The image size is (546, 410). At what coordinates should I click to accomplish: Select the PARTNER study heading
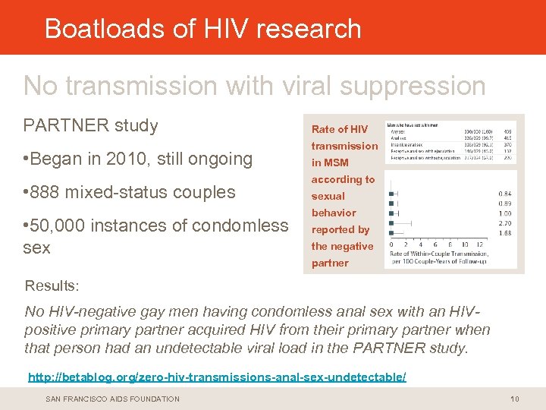tap(91, 125)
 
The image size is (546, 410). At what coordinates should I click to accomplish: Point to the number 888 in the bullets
tap(49, 192)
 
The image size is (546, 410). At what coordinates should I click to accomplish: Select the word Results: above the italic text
tap(52, 286)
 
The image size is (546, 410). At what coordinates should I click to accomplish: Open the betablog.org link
tap(217, 377)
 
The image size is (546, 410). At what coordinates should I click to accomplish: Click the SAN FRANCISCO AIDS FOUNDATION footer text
tap(113, 399)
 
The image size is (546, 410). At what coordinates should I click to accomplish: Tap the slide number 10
tap(514, 399)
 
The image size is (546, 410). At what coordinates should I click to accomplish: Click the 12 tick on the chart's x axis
tap(480, 244)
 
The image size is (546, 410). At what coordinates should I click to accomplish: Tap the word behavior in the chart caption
tap(334, 213)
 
